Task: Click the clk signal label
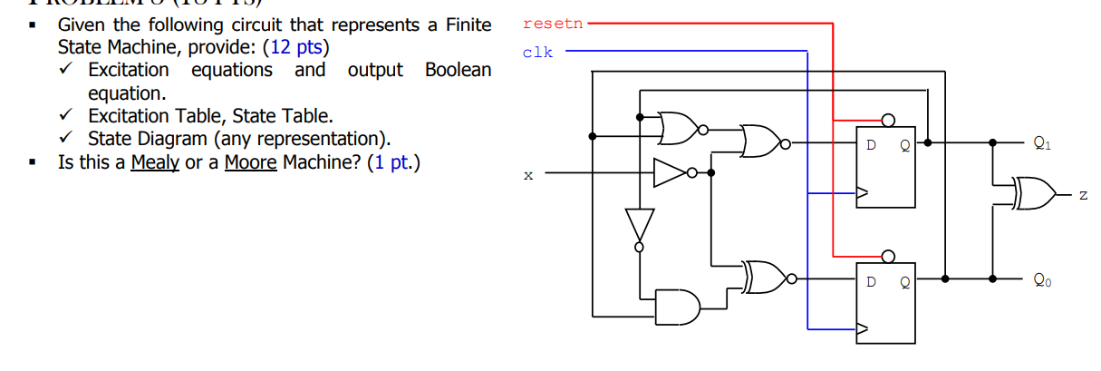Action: (x=537, y=53)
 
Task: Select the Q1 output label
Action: (x=1043, y=142)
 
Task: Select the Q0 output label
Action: (x=1043, y=280)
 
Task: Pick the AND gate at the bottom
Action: (x=679, y=307)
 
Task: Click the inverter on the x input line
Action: (x=670, y=172)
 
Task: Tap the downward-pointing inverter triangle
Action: (x=639, y=223)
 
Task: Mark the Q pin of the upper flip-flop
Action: (x=903, y=143)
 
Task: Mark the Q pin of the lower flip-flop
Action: (x=903, y=280)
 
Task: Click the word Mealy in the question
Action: (x=155, y=164)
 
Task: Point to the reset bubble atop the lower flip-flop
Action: (x=888, y=256)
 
